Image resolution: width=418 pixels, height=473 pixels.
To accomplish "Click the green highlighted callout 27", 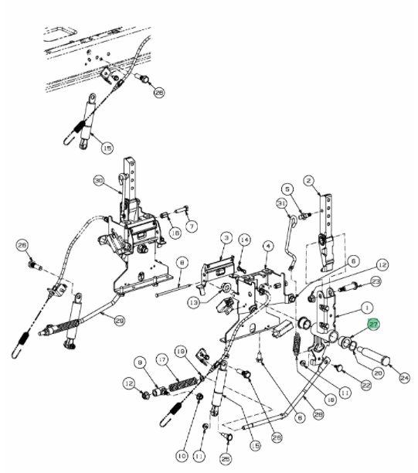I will [373, 326].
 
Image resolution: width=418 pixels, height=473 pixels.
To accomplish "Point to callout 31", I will [282, 202].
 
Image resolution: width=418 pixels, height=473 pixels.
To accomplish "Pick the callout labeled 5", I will [286, 188].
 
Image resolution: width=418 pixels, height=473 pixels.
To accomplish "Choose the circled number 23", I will [376, 281].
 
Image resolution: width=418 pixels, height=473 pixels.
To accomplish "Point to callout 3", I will [226, 236].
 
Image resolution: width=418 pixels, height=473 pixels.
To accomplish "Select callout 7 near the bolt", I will [192, 225].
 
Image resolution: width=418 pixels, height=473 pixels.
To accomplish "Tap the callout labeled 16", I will [175, 232].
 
